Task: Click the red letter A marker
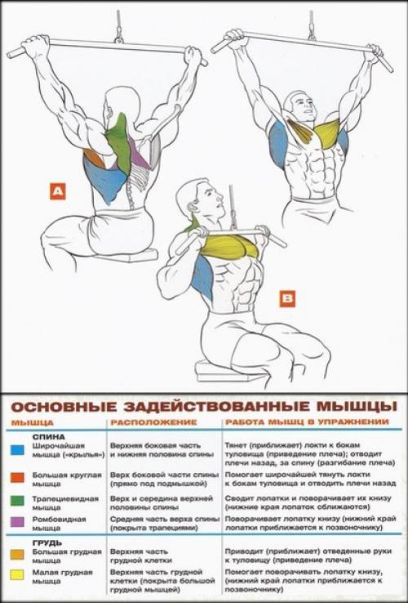coord(57,192)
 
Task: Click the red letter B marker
coord(287,299)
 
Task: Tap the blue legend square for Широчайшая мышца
coord(16,449)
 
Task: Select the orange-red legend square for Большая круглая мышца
coord(16,476)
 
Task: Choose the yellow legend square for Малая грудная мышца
coord(16,574)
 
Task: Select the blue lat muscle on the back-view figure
coord(102,176)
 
